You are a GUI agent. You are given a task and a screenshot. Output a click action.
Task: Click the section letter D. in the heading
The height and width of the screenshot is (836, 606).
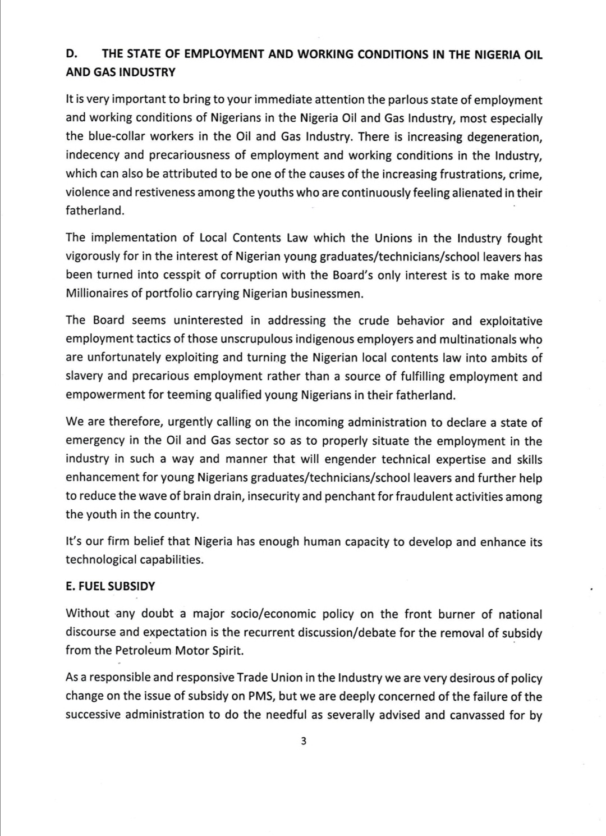pyautogui.click(x=71, y=54)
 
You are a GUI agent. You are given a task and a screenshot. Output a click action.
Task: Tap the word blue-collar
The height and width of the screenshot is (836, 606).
pyautogui.click(x=115, y=136)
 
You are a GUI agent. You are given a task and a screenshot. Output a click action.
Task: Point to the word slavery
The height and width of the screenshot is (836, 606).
pyautogui.click(x=85, y=376)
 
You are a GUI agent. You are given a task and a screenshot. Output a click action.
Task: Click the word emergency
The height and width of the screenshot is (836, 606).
pyautogui.click(x=94, y=441)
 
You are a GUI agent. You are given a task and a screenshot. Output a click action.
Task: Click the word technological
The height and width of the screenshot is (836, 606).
pyautogui.click(x=103, y=559)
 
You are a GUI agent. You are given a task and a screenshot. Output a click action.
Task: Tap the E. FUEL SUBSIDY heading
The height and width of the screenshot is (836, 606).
pyautogui.click(x=110, y=586)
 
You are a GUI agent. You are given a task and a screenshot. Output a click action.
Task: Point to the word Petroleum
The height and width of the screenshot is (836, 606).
pyautogui.click(x=144, y=651)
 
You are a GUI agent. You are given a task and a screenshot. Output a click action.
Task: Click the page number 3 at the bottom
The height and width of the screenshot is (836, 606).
pyautogui.click(x=304, y=741)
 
